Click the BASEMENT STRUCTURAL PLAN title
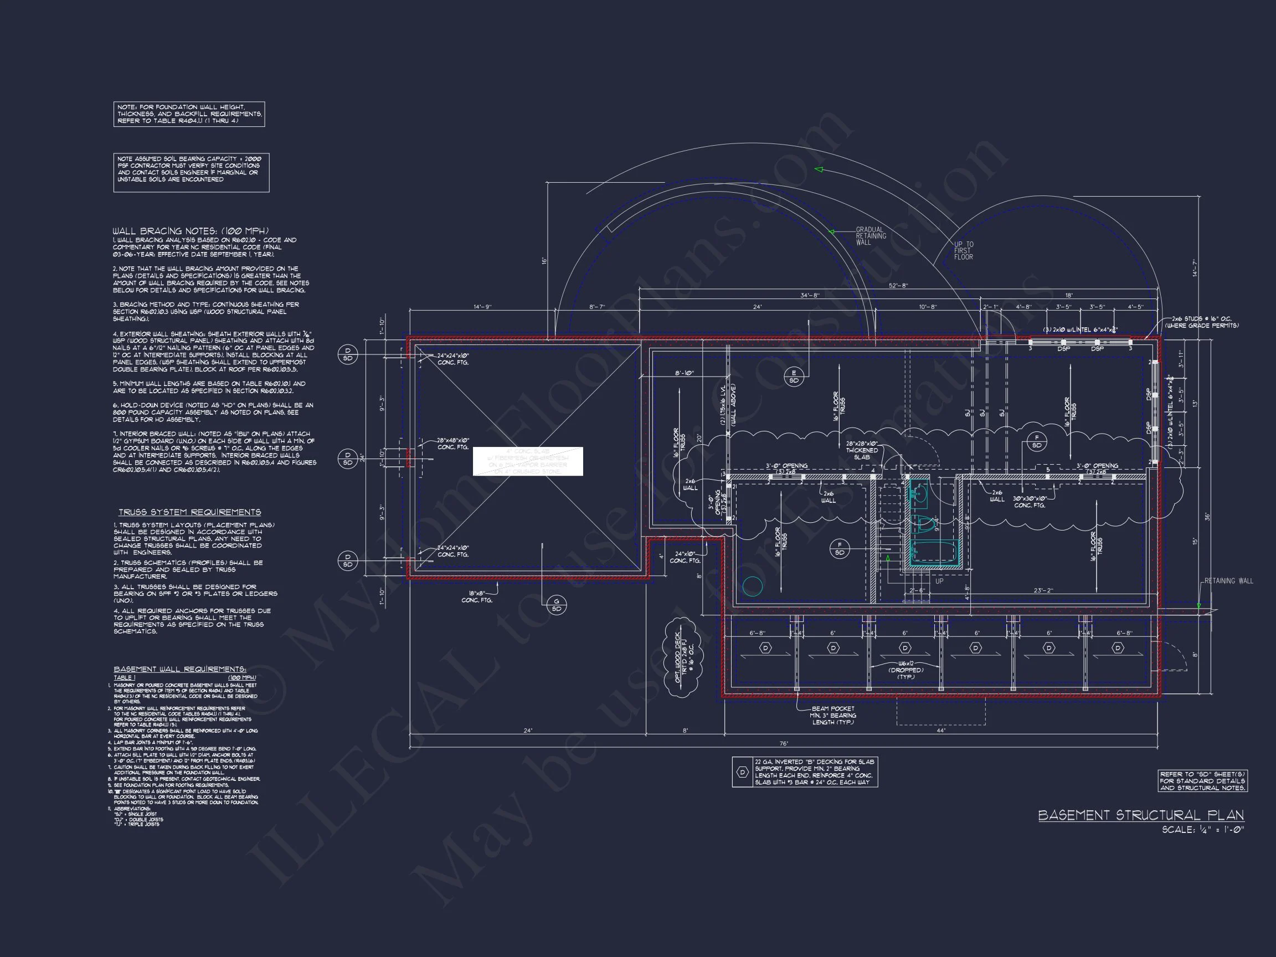pyautogui.click(x=1140, y=815)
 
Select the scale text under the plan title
pyautogui.click(x=1202, y=830)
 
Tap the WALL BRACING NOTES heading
pyautogui.click(x=191, y=231)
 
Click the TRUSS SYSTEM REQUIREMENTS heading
pyautogui.click(x=190, y=512)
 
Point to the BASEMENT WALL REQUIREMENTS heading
pyautogui.click(x=180, y=669)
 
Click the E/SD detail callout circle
pyautogui.click(x=794, y=377)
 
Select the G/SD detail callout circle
pyautogui.click(x=557, y=606)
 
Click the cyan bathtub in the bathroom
pyautogui.click(x=933, y=552)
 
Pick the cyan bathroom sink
pyautogui.click(x=919, y=494)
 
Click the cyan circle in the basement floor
pyautogui.click(x=752, y=586)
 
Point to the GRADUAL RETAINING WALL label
pyautogui.click(x=871, y=236)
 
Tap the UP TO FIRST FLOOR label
pyautogui.click(x=963, y=250)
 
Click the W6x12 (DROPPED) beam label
pyautogui.click(x=905, y=670)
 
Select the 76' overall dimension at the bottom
pyautogui.click(x=783, y=744)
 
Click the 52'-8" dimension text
pyautogui.click(x=898, y=286)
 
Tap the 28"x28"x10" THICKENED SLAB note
pyautogui.click(x=862, y=450)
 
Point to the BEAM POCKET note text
pyautogui.click(x=833, y=716)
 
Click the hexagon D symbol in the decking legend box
pyautogui.click(x=743, y=772)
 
